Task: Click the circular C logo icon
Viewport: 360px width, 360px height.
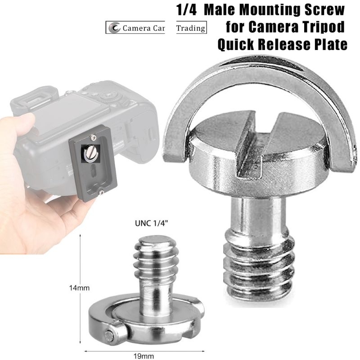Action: pos(114,28)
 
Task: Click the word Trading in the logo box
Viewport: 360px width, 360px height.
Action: pos(191,28)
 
